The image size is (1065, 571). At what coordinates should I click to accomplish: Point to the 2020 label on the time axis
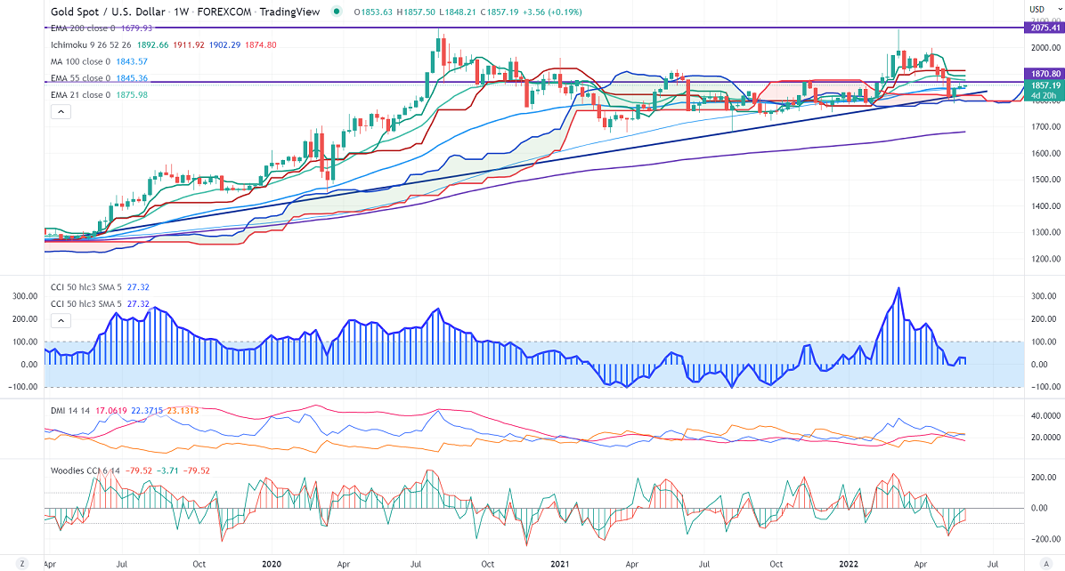(272, 563)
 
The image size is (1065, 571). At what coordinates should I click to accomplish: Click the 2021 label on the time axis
(560, 563)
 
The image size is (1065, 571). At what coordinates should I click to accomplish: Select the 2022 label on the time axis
(848, 563)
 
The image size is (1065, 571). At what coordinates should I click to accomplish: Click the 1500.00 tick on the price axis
(1044, 180)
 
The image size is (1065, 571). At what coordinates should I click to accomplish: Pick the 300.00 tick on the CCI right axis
(1044, 296)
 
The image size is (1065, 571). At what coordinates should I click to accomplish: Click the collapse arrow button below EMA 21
(60, 111)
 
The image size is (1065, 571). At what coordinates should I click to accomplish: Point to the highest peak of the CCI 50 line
(898, 287)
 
